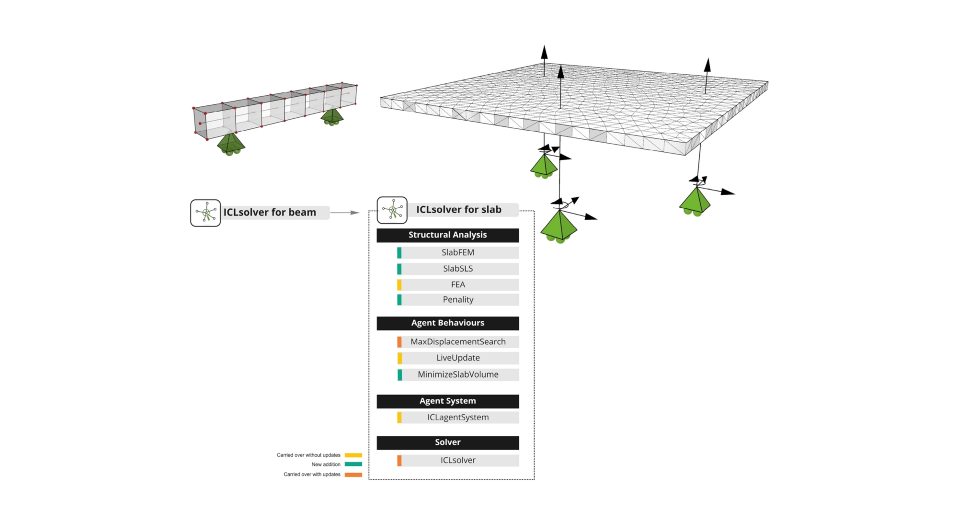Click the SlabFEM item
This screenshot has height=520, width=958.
point(458,252)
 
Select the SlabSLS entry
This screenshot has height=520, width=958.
point(458,269)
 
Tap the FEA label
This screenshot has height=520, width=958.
point(458,284)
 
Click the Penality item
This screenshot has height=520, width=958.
point(458,300)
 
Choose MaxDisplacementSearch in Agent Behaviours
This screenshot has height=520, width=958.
point(458,342)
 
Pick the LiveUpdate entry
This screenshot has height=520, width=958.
point(458,358)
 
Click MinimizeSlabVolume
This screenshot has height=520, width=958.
point(458,374)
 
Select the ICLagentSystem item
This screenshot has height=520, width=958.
point(458,418)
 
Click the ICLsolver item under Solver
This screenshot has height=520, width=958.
point(458,460)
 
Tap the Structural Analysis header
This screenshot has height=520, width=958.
point(447,235)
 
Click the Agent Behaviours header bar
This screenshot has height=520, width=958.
point(447,323)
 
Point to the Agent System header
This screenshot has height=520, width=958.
point(447,401)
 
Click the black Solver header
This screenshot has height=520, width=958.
point(447,442)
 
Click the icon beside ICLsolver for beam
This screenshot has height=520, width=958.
point(205,213)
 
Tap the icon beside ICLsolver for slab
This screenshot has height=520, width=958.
point(392,210)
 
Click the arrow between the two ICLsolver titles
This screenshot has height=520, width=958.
point(345,213)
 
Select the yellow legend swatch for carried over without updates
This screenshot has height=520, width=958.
point(354,455)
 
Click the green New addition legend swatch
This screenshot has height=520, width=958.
point(354,464)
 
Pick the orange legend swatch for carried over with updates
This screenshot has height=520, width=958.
point(354,475)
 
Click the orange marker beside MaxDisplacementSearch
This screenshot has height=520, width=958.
point(399,342)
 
